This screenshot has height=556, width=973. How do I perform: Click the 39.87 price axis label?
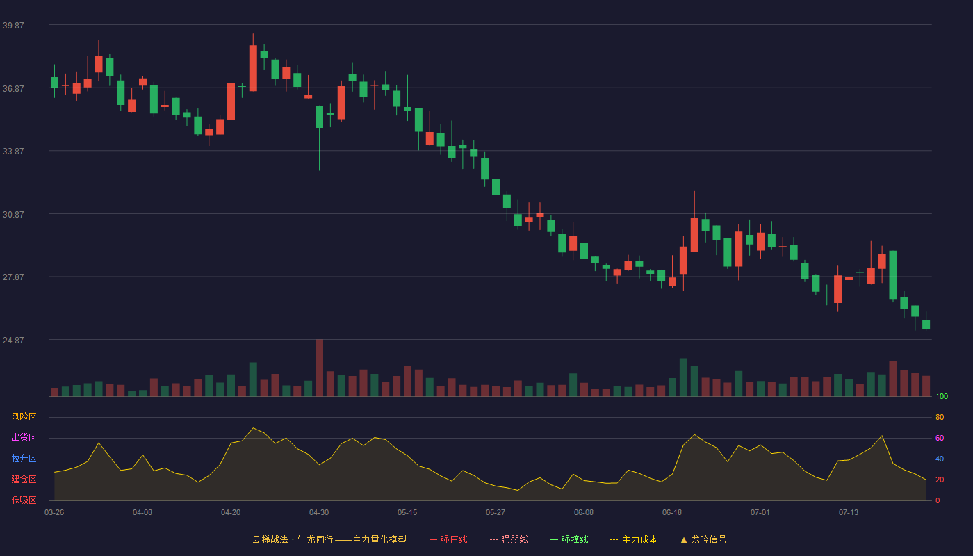tap(13, 26)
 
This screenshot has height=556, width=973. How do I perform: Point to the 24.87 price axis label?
tap(13, 340)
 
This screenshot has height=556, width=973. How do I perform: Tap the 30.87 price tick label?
tap(13, 215)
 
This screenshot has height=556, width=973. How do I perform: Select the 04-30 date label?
tap(319, 513)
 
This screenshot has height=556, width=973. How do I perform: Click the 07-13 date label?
tap(849, 513)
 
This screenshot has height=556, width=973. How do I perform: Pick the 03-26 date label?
tap(54, 513)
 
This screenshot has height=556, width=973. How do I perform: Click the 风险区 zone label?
tap(24, 417)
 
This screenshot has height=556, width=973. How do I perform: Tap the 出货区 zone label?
tap(24, 437)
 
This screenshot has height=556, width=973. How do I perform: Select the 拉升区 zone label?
tap(24, 458)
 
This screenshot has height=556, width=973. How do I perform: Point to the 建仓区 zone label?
tap(24, 479)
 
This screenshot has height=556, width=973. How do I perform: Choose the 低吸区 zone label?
tap(24, 500)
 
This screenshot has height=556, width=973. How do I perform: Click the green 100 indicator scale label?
tap(942, 396)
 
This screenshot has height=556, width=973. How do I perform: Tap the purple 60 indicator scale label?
tap(940, 438)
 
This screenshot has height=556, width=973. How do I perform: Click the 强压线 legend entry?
tap(448, 539)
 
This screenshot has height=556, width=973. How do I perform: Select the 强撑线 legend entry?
tap(569, 539)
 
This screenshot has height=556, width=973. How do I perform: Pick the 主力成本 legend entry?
tap(634, 539)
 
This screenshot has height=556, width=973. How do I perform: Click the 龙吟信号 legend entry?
tap(703, 539)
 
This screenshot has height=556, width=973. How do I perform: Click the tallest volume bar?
tap(319, 368)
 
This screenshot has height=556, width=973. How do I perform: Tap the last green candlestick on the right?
tap(926, 324)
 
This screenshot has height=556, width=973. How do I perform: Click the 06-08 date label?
tap(583, 513)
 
